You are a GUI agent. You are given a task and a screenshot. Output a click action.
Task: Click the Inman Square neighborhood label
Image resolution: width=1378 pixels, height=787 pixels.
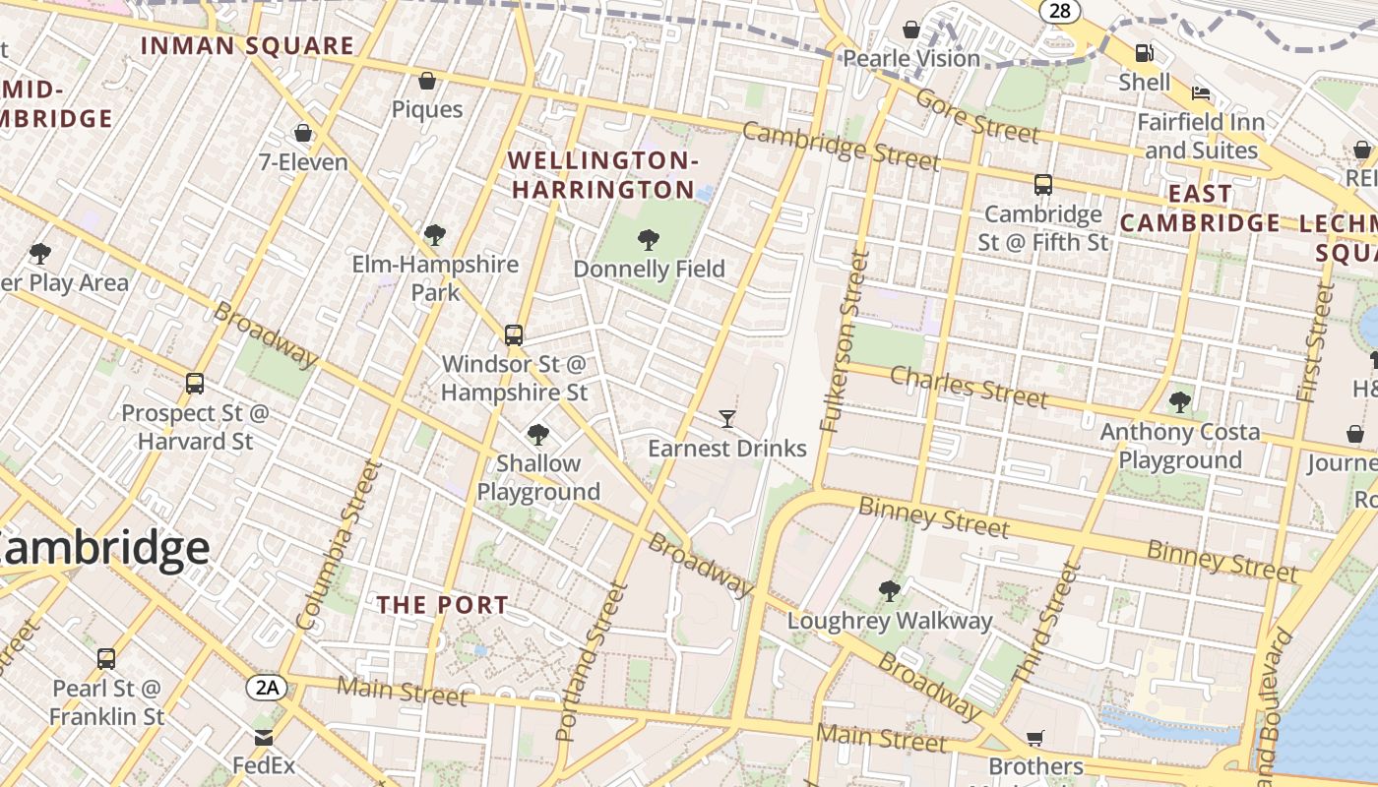[247, 45]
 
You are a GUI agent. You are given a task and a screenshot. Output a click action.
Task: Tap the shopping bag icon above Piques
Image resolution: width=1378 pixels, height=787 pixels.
[427, 81]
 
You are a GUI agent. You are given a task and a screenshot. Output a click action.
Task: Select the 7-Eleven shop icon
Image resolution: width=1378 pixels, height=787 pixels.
[303, 133]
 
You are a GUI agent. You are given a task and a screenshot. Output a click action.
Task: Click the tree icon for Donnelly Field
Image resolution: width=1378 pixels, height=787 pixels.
[648, 239]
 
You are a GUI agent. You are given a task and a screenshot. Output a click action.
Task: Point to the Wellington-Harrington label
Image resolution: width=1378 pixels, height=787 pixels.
[603, 174]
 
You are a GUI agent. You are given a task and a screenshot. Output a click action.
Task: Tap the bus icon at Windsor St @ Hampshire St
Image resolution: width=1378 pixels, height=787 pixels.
[513, 334]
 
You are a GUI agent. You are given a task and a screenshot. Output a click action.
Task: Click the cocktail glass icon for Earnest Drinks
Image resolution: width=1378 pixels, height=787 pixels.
[727, 419]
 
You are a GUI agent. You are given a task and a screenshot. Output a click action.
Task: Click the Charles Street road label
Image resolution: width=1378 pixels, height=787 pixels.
[969, 387]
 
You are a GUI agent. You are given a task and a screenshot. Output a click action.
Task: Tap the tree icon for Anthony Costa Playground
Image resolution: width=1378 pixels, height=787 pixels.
[1179, 401]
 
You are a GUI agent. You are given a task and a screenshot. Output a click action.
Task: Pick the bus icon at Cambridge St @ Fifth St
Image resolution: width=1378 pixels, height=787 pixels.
[1043, 184]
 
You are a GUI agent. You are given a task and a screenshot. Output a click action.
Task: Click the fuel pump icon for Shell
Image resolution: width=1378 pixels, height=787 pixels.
[1144, 53]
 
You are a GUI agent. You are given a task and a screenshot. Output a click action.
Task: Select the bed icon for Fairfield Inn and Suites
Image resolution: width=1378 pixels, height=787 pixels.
[1201, 93]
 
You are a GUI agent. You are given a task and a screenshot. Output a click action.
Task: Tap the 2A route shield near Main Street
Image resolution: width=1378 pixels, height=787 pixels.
[267, 687]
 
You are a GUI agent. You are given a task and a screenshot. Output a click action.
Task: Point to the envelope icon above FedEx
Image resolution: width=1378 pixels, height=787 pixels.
[264, 737]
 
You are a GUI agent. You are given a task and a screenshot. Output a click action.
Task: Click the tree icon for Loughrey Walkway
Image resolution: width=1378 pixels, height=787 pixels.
[889, 591]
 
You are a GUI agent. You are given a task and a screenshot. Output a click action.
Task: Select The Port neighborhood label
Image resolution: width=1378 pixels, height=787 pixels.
[443, 605]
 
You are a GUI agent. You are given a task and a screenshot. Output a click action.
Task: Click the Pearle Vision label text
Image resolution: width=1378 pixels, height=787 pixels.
[911, 59]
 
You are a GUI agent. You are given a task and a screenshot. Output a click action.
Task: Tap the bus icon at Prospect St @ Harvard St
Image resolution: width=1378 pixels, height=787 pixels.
[195, 384]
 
